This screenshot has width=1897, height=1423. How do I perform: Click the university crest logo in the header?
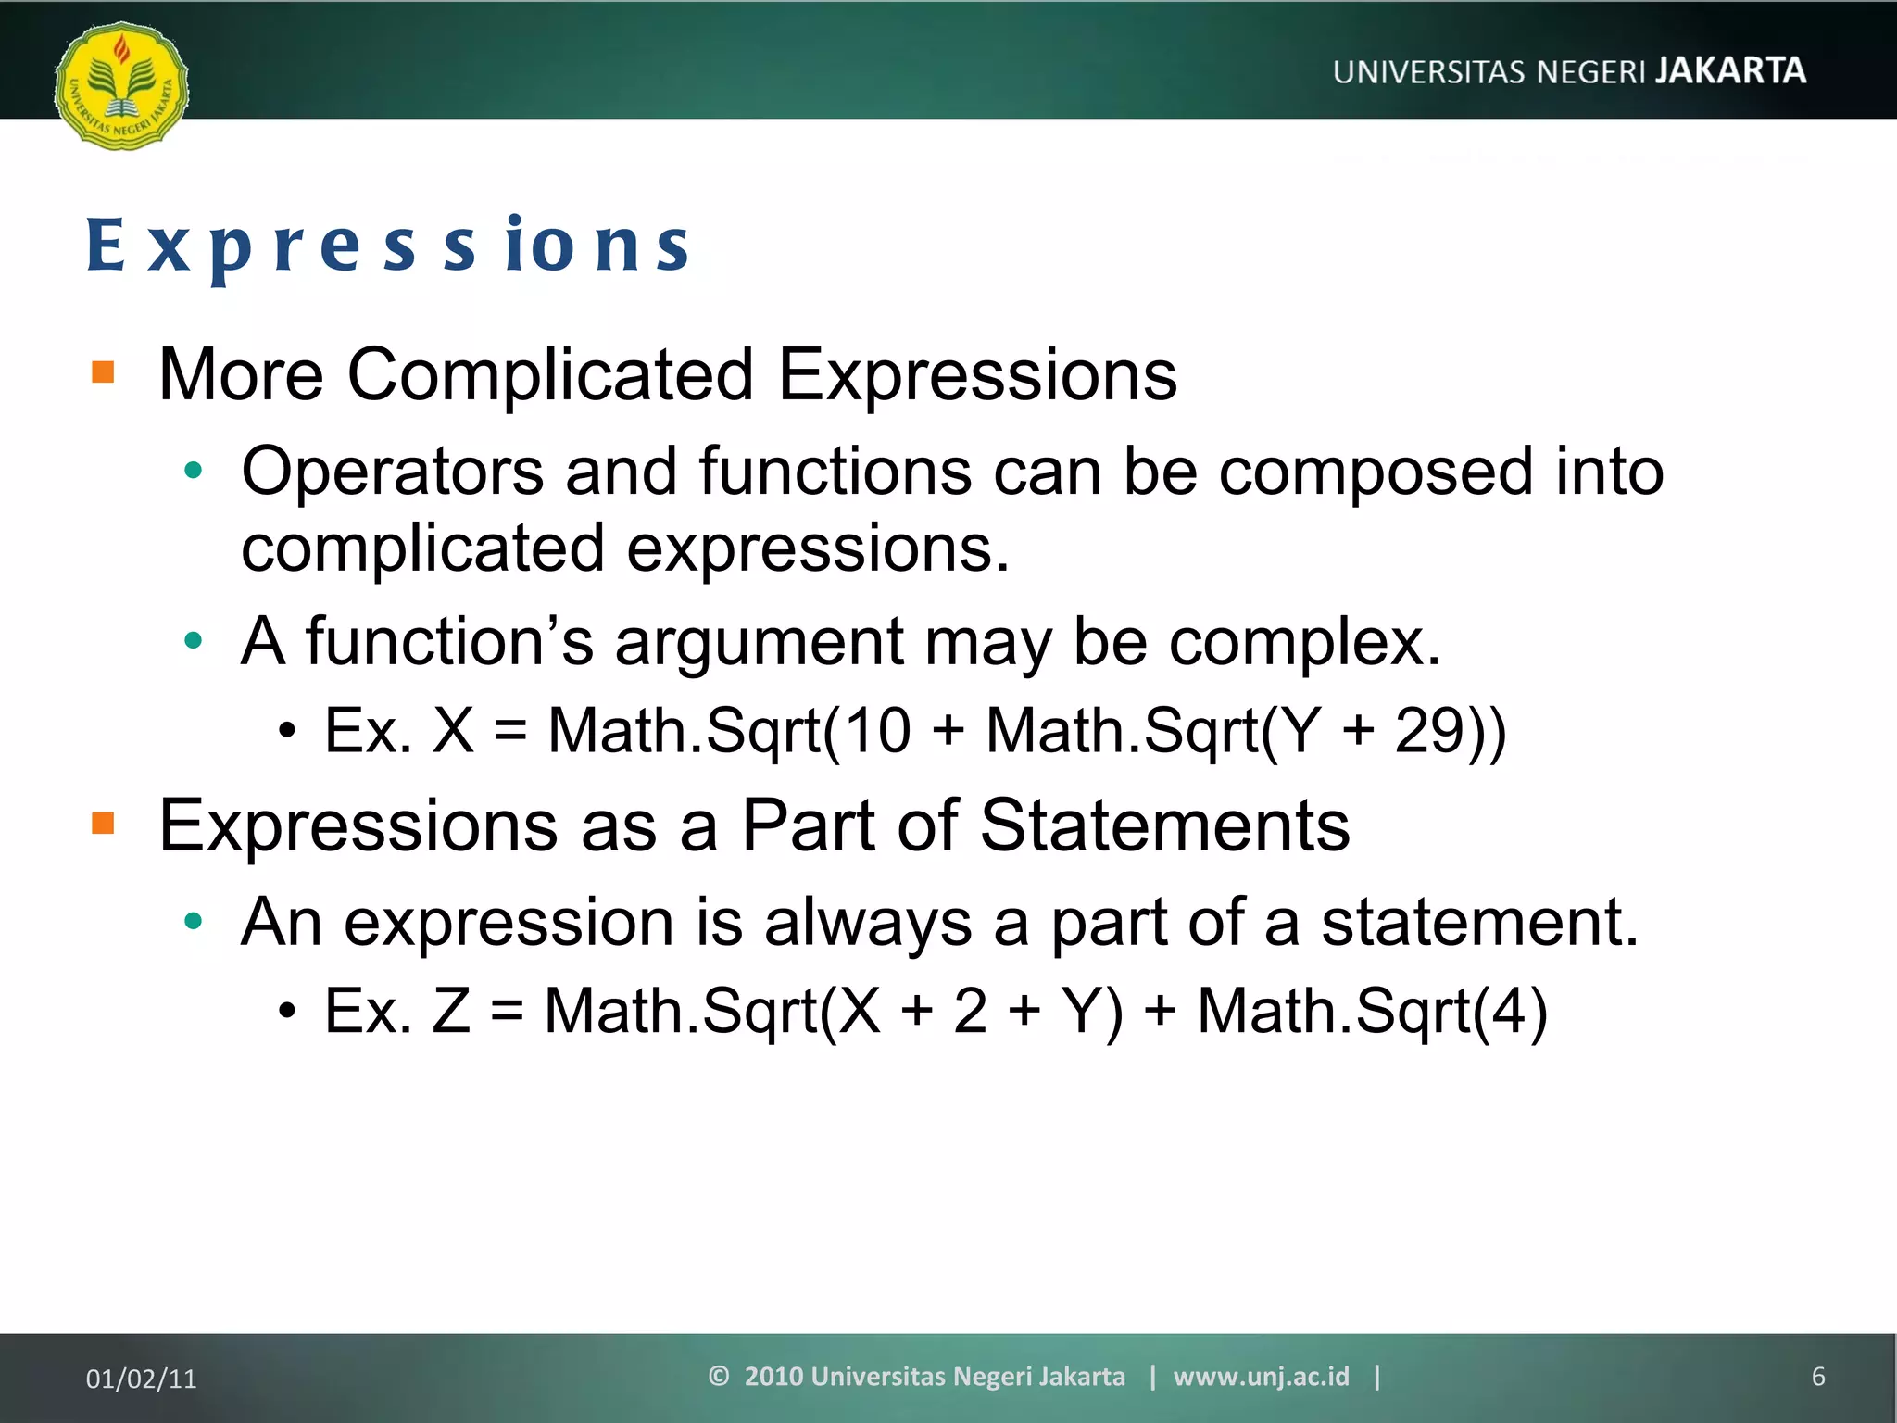pos(121,85)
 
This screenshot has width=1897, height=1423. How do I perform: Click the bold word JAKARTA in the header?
pos(1730,70)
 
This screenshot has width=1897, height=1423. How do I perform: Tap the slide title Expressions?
pos(387,246)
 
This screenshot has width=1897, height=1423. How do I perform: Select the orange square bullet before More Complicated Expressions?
pos(103,372)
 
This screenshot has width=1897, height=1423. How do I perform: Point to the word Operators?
pos(392,472)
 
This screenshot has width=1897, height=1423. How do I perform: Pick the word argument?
pos(759,642)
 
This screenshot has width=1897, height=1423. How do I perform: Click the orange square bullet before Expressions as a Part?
pos(103,823)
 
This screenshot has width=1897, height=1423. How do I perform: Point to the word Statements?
pos(1164,825)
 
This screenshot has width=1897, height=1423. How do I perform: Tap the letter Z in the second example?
pos(451,1011)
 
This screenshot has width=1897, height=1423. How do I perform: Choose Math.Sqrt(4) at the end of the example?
pos(1372,1011)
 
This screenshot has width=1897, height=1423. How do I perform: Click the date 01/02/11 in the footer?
pos(141,1379)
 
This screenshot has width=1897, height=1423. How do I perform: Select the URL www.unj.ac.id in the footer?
pos(1261,1377)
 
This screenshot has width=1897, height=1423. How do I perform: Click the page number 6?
pos(1817,1377)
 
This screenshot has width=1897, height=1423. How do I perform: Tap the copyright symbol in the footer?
pos(718,1376)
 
